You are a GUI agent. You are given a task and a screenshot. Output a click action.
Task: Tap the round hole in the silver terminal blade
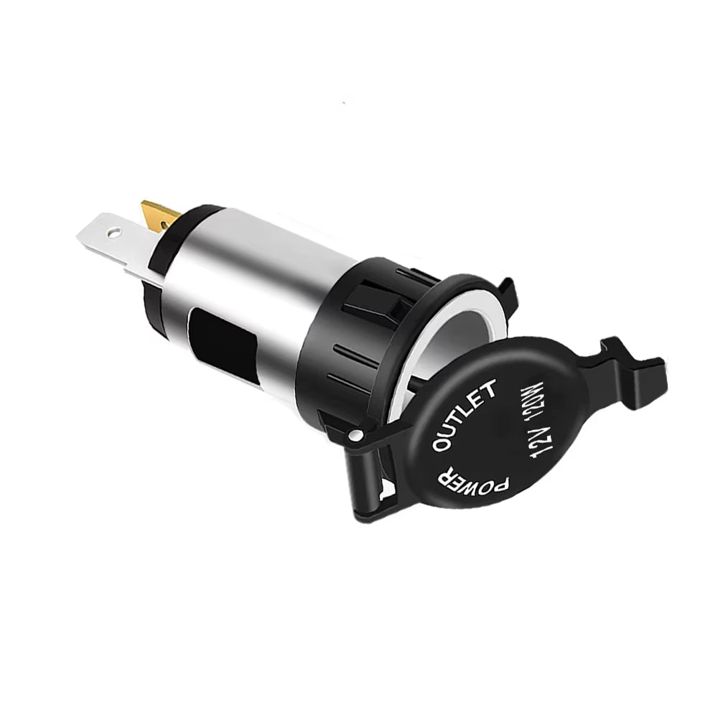(x=113, y=232)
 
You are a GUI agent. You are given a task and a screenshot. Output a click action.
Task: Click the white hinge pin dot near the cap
(x=355, y=434)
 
